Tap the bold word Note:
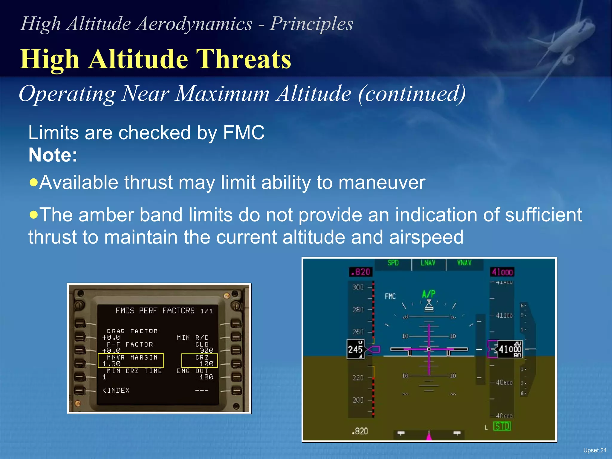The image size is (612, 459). (53, 155)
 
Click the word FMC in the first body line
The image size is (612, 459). (244, 133)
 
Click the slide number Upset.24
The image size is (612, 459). (595, 450)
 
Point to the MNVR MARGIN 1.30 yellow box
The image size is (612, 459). (131, 360)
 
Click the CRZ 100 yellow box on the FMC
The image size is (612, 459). (200, 360)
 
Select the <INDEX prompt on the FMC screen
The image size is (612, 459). (116, 391)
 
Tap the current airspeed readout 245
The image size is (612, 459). (355, 349)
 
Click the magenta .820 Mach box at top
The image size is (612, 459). (361, 272)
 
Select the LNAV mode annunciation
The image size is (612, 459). (428, 263)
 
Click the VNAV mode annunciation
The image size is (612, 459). (464, 263)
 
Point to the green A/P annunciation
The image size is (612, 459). (429, 294)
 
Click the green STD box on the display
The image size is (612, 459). (502, 426)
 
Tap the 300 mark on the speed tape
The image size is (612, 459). (358, 287)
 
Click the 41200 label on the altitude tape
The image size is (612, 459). (504, 316)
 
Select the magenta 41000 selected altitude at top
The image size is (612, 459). (502, 272)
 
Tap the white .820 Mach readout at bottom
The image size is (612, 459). (360, 431)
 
